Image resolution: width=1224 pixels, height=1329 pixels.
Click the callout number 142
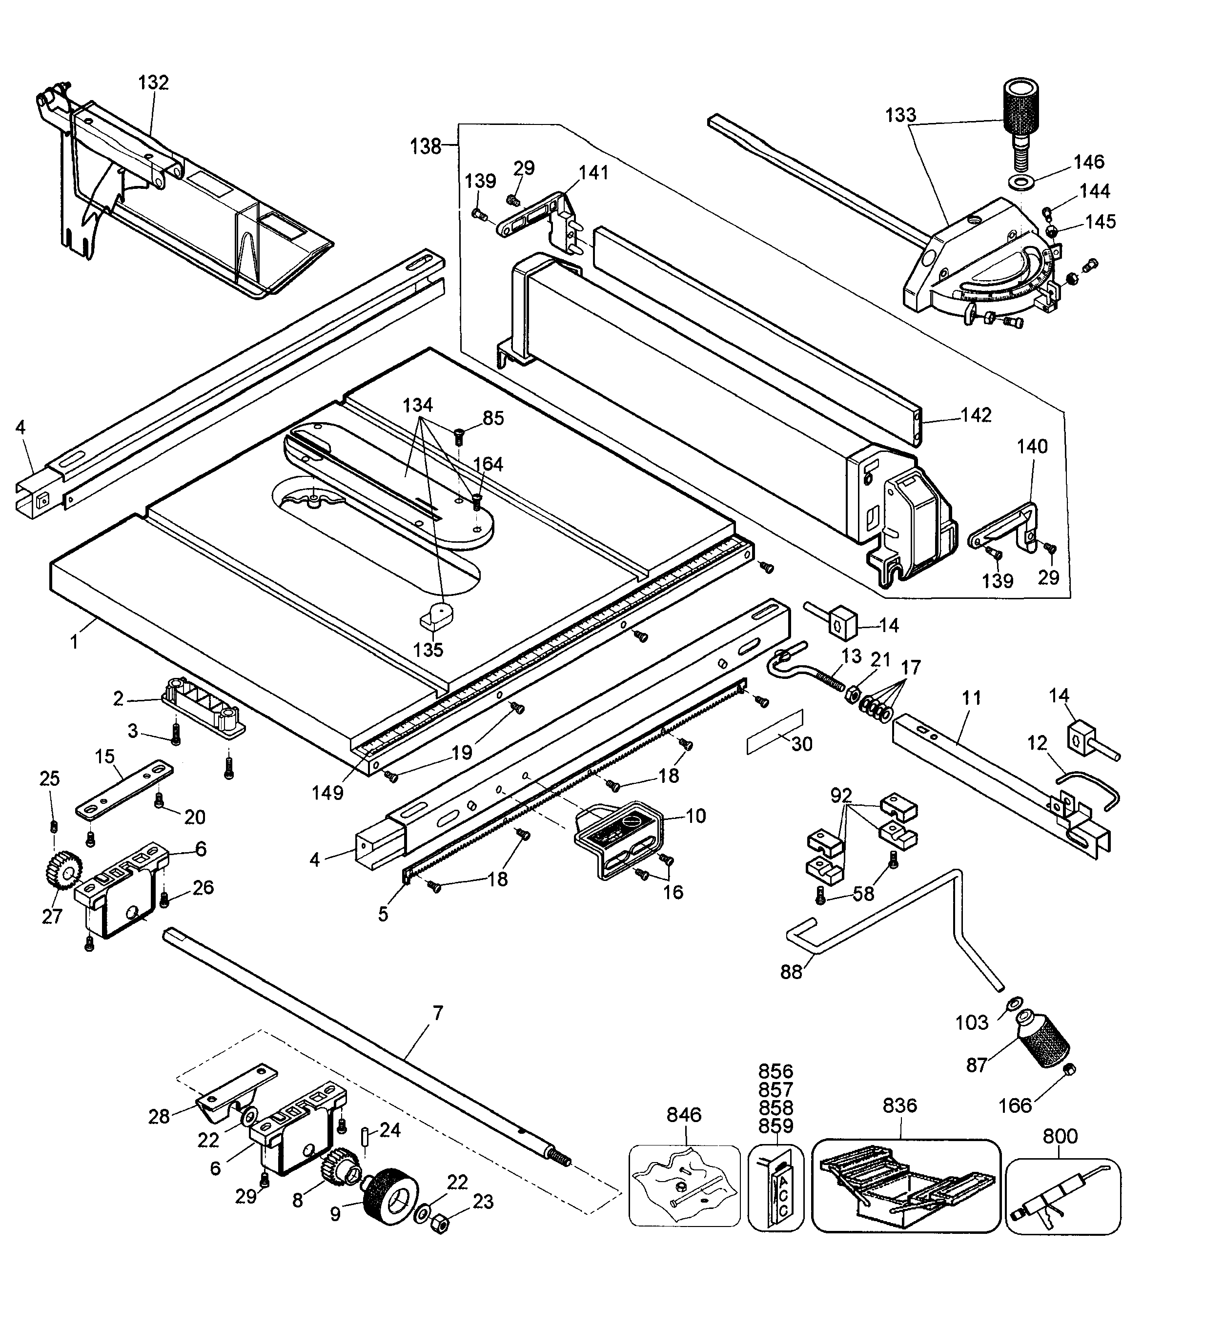[x=976, y=415]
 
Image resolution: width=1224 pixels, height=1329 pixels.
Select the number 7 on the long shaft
[x=437, y=1014]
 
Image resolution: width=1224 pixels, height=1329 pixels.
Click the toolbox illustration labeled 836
[x=905, y=1186]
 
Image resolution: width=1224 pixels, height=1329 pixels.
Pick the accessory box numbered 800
[x=1062, y=1195]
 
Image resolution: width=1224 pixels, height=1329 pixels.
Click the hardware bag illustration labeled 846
[x=684, y=1186]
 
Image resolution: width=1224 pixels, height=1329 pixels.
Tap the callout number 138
[x=425, y=146]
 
